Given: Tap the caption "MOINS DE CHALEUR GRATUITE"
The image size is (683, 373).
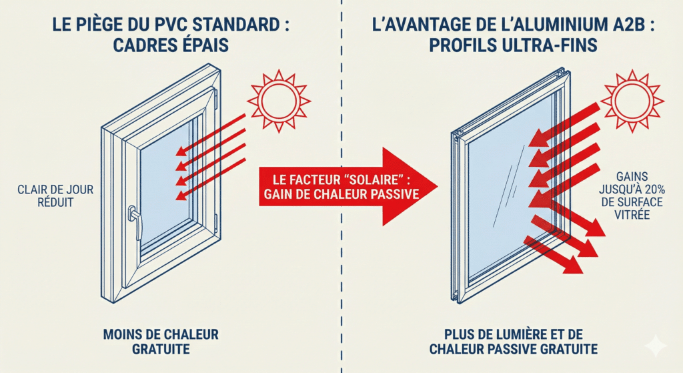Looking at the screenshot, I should (161, 340).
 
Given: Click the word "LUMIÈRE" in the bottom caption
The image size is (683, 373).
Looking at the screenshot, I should (514, 334).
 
